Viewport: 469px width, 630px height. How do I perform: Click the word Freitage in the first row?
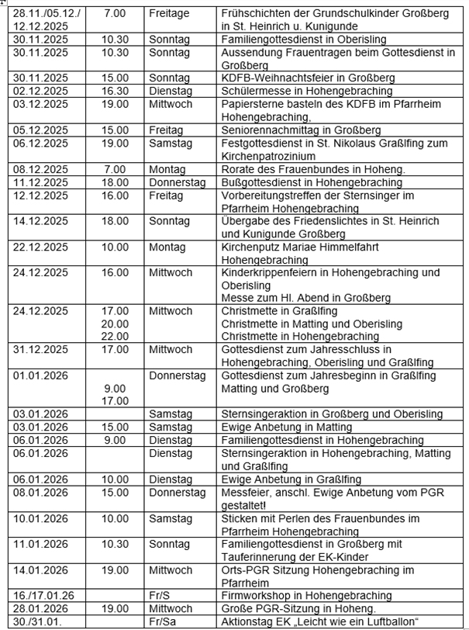point(171,14)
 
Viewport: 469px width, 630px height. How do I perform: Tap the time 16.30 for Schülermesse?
point(116,91)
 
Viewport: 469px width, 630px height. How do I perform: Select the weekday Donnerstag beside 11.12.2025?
point(178,182)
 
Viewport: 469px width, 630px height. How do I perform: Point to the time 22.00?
point(116,336)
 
